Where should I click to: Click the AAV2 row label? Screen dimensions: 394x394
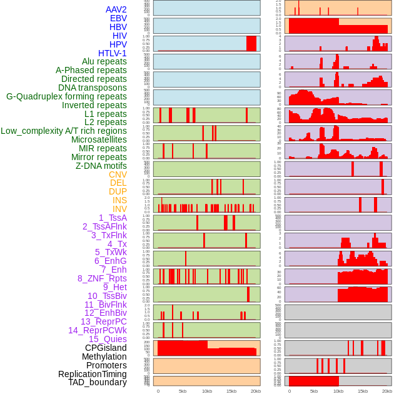point(116,9)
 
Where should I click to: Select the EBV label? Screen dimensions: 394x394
point(118,18)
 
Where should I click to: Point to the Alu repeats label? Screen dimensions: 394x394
point(104,61)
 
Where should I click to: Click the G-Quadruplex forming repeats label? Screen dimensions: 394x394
point(66,96)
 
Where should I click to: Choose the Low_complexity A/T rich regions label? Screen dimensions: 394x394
point(64,131)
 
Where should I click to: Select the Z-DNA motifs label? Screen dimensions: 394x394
point(101,166)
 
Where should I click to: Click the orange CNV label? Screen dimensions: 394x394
point(118,174)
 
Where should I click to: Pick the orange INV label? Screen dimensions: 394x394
point(119,209)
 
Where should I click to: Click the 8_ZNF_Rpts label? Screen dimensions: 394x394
point(102,278)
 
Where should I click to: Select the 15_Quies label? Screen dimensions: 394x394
point(108,339)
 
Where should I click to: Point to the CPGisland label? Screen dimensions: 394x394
point(106,348)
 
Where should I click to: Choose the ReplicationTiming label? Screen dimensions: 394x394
point(93,374)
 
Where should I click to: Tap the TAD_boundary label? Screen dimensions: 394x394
point(98,382)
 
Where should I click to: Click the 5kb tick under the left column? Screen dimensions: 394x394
point(183,391)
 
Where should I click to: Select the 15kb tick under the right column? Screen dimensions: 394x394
point(363,391)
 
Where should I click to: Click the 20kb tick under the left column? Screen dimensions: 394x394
point(256,391)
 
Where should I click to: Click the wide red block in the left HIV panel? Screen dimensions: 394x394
point(251,43)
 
